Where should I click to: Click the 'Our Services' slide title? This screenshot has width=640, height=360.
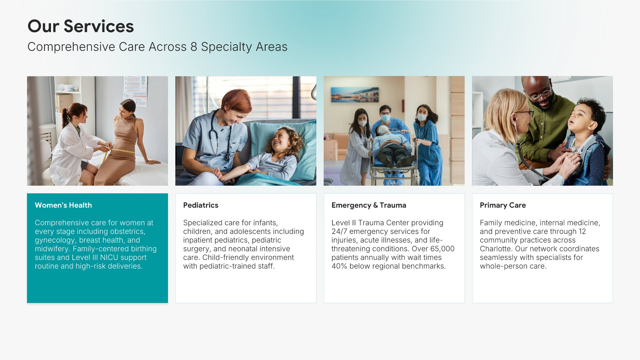(81, 26)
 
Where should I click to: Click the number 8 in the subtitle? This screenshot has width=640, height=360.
(194, 47)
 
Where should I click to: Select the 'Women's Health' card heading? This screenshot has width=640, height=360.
(63, 205)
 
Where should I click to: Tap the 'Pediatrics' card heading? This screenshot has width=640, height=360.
(201, 205)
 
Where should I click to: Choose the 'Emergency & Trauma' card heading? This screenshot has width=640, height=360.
(369, 205)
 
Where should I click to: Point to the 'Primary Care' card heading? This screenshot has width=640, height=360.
(503, 205)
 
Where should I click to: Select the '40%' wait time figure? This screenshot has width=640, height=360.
(339, 266)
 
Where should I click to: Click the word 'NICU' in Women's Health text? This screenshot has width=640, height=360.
(109, 258)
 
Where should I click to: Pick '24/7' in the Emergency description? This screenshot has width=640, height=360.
(339, 232)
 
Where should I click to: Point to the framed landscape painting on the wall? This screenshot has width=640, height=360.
(355, 95)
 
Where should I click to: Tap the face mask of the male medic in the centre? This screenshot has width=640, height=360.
(385, 118)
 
